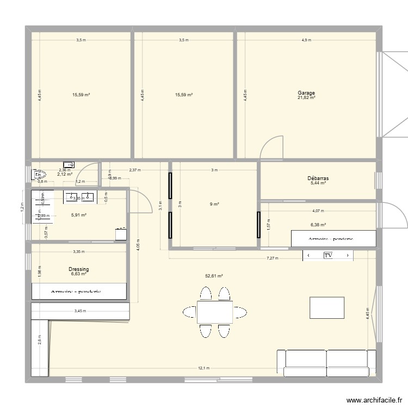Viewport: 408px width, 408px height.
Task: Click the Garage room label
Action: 306,93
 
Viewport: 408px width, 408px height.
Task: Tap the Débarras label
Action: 318,178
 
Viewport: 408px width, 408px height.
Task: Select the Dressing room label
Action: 79,269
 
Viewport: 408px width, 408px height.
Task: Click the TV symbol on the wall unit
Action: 328,255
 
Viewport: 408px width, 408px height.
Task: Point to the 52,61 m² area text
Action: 214,276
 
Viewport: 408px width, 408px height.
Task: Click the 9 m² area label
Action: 214,205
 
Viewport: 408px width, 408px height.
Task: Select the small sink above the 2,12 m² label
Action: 69,164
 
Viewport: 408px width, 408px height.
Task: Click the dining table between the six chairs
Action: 214,312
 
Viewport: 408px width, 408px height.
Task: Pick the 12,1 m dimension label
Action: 203,368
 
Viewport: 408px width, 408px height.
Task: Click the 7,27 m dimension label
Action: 272,258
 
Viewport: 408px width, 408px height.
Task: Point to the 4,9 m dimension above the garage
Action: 306,40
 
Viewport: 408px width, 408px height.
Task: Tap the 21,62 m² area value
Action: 306,98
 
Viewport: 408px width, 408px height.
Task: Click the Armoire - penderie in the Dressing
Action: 79,292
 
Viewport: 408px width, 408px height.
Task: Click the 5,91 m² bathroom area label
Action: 79,215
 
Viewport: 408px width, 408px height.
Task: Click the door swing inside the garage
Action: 272,147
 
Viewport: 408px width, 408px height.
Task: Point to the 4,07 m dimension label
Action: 317,211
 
